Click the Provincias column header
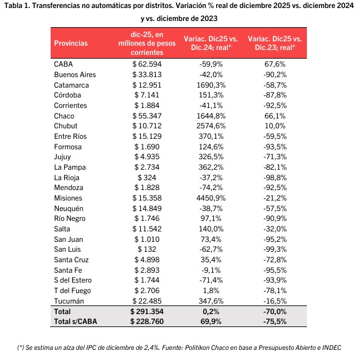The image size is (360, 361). (71, 43)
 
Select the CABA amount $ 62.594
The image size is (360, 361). (147, 64)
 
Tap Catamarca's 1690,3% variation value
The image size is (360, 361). (211, 85)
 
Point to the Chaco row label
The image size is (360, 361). (64, 116)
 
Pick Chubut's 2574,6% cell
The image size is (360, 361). (211, 126)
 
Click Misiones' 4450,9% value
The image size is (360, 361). (211, 198)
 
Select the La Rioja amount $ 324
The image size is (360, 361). (147, 178)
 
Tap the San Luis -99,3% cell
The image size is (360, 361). (275, 249)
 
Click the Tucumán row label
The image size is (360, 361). (69, 301)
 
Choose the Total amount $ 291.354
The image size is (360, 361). (147, 312)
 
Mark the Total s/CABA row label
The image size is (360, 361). (75, 322)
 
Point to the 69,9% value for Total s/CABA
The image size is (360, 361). (211, 322)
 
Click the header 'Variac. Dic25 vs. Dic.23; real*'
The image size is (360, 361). (275, 43)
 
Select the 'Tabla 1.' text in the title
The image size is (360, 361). (17, 6)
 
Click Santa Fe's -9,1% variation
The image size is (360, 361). (211, 270)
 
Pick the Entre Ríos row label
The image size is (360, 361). (70, 136)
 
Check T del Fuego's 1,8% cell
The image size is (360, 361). (211, 291)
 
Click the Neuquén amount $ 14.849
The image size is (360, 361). (147, 209)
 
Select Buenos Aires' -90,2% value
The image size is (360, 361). (275, 75)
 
